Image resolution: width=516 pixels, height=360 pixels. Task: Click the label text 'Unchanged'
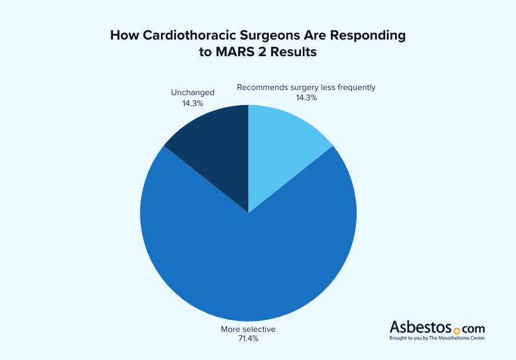(193, 92)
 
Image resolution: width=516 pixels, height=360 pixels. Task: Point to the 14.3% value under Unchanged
(192, 103)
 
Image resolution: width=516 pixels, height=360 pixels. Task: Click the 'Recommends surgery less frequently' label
(306, 87)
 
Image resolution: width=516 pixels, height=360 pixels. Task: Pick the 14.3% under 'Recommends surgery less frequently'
(306, 97)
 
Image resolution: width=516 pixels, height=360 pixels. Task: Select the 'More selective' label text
(248, 329)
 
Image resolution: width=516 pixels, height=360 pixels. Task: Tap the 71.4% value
(248, 339)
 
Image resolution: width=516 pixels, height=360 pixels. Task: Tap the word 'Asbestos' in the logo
(420, 328)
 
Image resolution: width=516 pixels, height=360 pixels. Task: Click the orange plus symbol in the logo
(457, 331)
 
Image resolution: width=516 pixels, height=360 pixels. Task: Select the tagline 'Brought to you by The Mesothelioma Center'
(437, 338)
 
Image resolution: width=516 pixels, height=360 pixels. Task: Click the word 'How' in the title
(123, 36)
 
